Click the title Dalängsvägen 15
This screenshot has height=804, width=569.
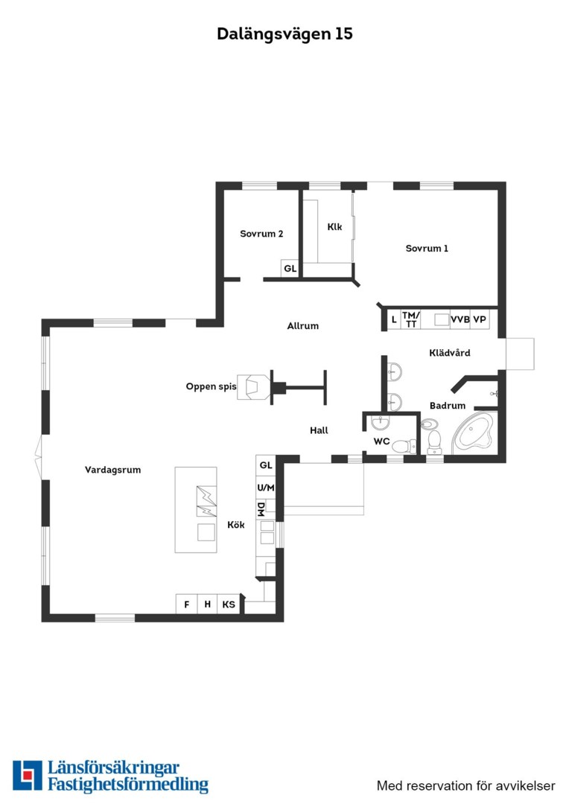pos(284,33)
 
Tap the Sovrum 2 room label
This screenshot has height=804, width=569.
pos(261,234)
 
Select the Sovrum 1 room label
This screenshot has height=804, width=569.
pos(427,249)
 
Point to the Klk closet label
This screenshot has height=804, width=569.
pos(334,226)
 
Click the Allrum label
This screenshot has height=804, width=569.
pos(302,326)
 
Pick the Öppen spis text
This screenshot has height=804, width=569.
pos(211,386)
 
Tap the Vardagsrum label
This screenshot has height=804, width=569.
pos(113,470)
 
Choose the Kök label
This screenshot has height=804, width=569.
pos(236,525)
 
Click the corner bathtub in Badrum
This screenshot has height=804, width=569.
pos(472,434)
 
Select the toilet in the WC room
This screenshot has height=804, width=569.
pos(405,446)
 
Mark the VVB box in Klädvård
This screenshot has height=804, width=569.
pos(460,319)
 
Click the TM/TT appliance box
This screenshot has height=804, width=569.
pos(410,319)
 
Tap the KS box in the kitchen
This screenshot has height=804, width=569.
pos(229,604)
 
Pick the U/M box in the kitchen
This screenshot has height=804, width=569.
pos(266,488)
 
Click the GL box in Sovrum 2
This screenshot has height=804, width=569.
pos(290,268)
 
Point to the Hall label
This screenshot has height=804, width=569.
pos(319,431)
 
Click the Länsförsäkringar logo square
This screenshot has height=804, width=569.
pos(28,775)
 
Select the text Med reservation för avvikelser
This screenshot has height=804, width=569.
pos(466,786)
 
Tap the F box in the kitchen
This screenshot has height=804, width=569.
pos(187,604)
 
